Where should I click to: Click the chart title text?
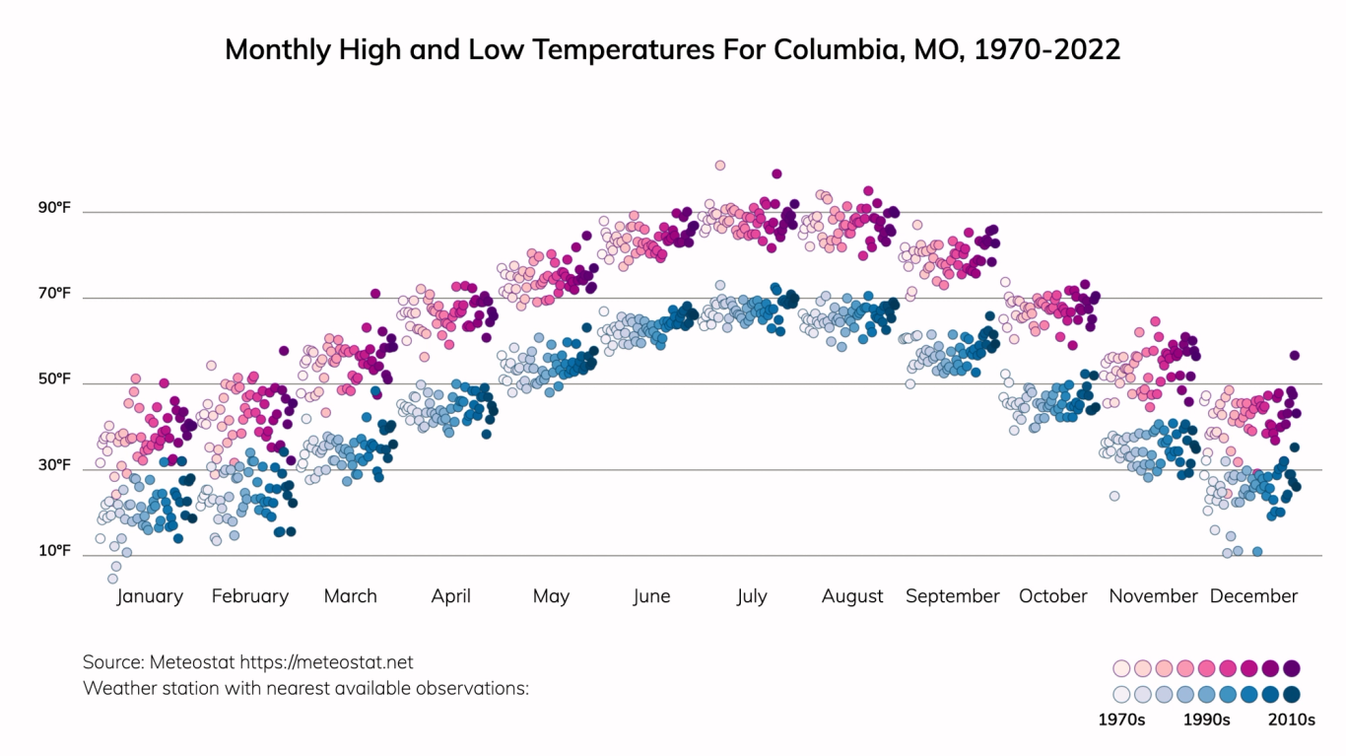pyautogui.click(x=673, y=49)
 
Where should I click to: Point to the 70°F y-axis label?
pyautogui.click(x=55, y=293)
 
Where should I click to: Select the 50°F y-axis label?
pyautogui.click(x=55, y=378)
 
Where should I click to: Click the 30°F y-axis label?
pyautogui.click(x=55, y=464)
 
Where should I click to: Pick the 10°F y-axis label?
pyautogui.click(x=55, y=550)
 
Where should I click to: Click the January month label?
pyautogui.click(x=150, y=596)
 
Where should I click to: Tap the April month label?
pyautogui.click(x=450, y=596)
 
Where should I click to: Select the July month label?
pyautogui.click(x=751, y=596)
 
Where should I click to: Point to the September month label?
pyautogui.click(x=952, y=596)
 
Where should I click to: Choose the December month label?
pyautogui.click(x=1253, y=596)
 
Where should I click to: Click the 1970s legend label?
pyautogui.click(x=1121, y=720)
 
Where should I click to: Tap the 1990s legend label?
pyautogui.click(x=1206, y=720)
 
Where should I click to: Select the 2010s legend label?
pyautogui.click(x=1291, y=720)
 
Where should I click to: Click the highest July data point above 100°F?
pyautogui.click(x=720, y=166)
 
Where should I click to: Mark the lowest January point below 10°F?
pyautogui.click(x=112, y=579)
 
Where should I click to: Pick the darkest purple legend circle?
pyautogui.click(x=1292, y=668)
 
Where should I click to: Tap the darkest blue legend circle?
pyautogui.click(x=1292, y=694)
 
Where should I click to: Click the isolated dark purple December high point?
pyautogui.click(x=1295, y=356)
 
